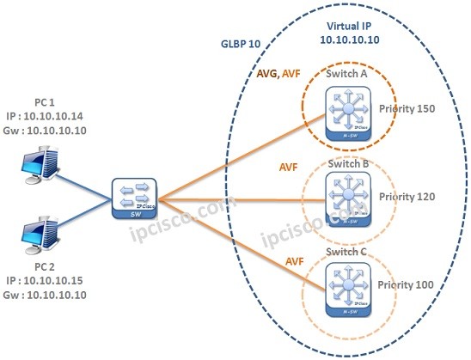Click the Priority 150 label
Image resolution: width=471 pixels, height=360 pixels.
[407, 109]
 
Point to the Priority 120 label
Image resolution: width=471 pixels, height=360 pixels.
[407, 197]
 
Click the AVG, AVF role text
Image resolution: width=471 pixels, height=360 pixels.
[279, 76]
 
